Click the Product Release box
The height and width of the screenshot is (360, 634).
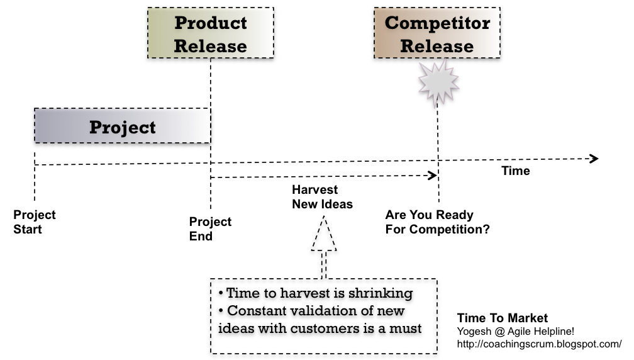(x=211, y=33)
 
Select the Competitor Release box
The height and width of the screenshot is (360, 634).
(x=437, y=33)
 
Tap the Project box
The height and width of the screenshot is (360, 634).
(x=122, y=126)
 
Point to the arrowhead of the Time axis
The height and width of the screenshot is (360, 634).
(x=593, y=159)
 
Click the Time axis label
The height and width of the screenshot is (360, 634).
(x=516, y=171)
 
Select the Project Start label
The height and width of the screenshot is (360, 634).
(x=35, y=222)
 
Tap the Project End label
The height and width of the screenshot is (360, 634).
(x=210, y=229)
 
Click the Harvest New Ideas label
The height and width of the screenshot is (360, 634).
(x=322, y=197)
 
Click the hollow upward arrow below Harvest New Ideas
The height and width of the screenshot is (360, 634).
(x=324, y=242)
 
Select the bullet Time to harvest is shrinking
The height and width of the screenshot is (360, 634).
(x=316, y=293)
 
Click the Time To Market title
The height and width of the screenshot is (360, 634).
(x=502, y=318)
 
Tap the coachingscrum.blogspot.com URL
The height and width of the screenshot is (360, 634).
(x=539, y=344)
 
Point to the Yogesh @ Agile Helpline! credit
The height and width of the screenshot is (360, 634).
(x=515, y=331)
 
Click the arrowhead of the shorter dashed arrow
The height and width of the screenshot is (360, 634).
(x=433, y=176)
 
